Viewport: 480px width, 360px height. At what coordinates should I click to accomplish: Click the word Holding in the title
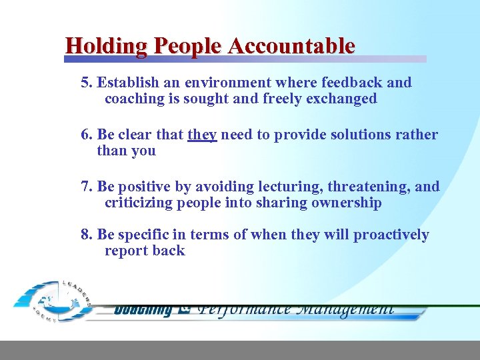pos(107,46)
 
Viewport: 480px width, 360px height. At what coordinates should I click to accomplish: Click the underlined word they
pos(202,135)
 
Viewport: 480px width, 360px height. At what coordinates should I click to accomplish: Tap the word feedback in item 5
pos(351,83)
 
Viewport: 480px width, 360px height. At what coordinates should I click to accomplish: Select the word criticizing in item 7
pos(139,203)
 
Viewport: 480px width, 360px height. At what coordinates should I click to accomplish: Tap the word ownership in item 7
pos(346,203)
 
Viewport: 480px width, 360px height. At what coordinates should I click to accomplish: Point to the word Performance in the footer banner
pos(245,309)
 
